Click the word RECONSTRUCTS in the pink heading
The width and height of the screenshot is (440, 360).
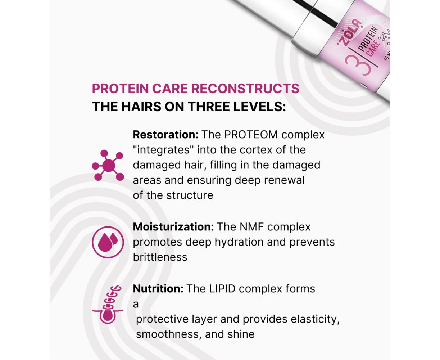pyautogui.click(x=245, y=89)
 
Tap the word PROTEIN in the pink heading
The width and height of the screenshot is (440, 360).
pyautogui.click(x=120, y=89)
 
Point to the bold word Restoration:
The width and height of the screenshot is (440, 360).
pyautogui.click(x=165, y=135)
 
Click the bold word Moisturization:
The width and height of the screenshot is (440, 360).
pyautogui.click(x=173, y=227)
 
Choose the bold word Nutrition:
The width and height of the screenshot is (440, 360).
pyautogui.click(x=158, y=289)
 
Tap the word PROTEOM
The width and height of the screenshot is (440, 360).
pyautogui.click(x=251, y=135)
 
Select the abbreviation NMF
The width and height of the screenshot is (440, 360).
pyautogui.click(x=252, y=227)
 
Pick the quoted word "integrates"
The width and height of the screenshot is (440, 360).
pyautogui.click(x=163, y=150)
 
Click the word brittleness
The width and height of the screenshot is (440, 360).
pyautogui.click(x=160, y=257)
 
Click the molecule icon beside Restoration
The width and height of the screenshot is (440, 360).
pyautogui.click(x=108, y=165)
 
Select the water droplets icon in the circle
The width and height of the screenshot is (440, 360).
pyautogui.click(x=108, y=242)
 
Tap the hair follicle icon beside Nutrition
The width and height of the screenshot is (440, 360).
pyautogui.click(x=108, y=304)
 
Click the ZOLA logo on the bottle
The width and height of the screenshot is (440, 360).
pyautogui.click(x=349, y=33)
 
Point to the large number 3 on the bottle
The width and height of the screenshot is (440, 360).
pyautogui.click(x=358, y=65)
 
